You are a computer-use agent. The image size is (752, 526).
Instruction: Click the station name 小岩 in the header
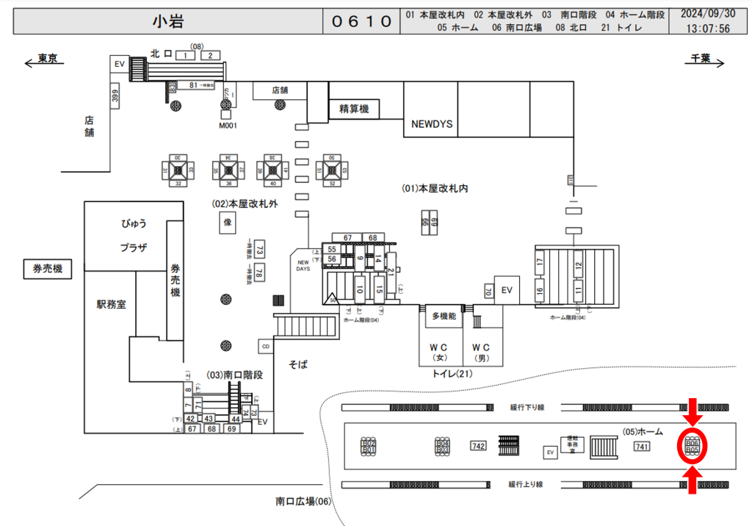tap(167, 21)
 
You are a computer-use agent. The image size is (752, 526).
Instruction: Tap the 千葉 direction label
tap(699, 59)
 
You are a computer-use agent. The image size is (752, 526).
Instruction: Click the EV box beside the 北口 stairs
tap(119, 65)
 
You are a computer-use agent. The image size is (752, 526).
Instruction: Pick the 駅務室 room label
tap(111, 303)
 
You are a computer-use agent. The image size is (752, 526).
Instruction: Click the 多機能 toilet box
tap(444, 316)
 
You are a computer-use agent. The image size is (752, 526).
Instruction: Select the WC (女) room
tap(444, 351)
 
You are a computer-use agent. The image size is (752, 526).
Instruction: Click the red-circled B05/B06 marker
tap(693, 445)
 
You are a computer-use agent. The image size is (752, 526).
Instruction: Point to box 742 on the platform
tap(478, 446)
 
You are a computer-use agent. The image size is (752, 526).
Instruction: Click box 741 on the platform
tap(641, 447)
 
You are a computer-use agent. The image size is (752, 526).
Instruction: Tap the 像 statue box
tap(227, 222)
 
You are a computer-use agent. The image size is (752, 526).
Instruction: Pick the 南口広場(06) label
tap(304, 501)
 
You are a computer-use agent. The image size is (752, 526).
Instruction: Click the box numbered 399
tap(115, 96)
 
